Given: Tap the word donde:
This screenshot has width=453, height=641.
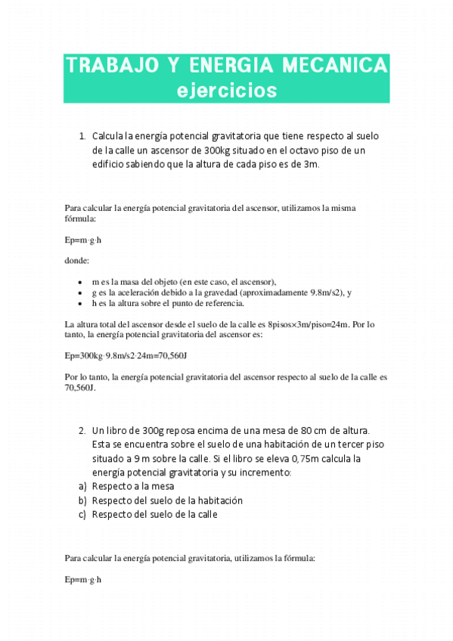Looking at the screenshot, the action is tap(77, 261).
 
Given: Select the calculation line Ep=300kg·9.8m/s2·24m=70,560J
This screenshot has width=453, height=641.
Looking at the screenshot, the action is tap(126, 355).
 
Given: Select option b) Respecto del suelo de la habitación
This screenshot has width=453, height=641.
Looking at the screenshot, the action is tap(167, 500).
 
